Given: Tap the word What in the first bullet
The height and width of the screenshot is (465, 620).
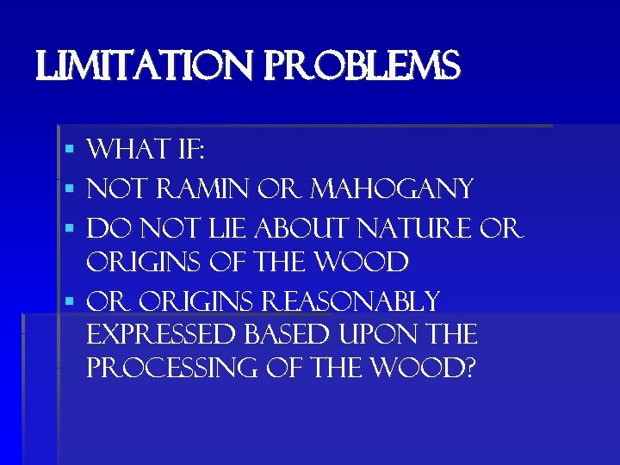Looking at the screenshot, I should [127, 151].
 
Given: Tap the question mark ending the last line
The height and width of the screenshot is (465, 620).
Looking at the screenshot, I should [468, 369].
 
